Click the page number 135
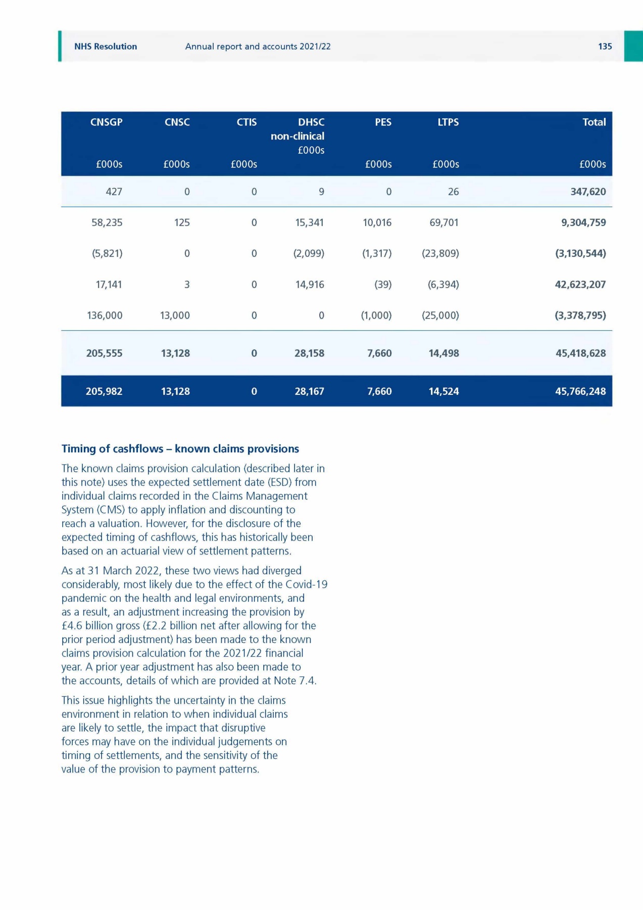(x=605, y=47)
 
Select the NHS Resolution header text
(x=106, y=47)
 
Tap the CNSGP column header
(x=106, y=122)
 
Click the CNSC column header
(x=177, y=122)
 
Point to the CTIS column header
(x=246, y=122)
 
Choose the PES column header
(x=383, y=122)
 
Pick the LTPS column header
(x=448, y=122)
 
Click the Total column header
(x=594, y=122)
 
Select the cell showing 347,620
(x=588, y=192)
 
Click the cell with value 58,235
(x=107, y=222)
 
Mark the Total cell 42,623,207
(x=580, y=285)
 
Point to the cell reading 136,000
(x=105, y=315)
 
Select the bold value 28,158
(x=309, y=353)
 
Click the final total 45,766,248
(x=580, y=391)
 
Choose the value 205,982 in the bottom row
(x=104, y=391)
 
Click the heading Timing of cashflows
(x=180, y=449)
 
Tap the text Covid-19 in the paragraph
(x=307, y=584)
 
